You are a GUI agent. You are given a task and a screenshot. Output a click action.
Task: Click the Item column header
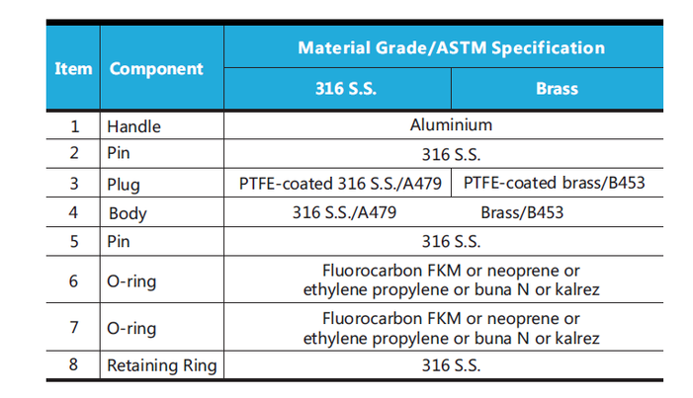pyautogui.click(x=73, y=69)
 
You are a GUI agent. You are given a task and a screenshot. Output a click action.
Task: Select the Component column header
pyautogui.click(x=156, y=69)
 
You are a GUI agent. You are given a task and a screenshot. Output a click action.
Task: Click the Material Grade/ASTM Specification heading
pyautogui.click(x=451, y=47)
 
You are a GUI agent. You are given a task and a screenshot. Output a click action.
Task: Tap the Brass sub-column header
pyautogui.click(x=557, y=89)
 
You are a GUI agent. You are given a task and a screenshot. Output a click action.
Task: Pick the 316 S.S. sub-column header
pyautogui.click(x=337, y=89)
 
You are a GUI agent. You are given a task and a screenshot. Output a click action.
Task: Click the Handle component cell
pyautogui.click(x=133, y=126)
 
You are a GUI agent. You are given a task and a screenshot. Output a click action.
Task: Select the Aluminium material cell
pyautogui.click(x=451, y=125)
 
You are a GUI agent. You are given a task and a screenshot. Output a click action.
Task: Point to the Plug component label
pyautogui.click(x=125, y=185)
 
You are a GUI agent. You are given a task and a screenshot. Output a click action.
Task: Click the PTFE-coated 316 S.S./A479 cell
pyautogui.click(x=340, y=184)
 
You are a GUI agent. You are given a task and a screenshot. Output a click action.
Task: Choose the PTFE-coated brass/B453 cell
pyautogui.click(x=558, y=184)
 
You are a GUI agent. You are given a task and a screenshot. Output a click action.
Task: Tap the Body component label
pyautogui.click(x=129, y=213)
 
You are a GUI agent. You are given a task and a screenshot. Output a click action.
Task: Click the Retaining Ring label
pyautogui.click(x=162, y=365)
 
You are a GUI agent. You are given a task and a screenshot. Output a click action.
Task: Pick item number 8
pyautogui.click(x=73, y=365)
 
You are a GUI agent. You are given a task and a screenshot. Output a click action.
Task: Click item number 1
pyautogui.click(x=73, y=126)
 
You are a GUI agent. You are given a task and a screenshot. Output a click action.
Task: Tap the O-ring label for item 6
pyautogui.click(x=131, y=281)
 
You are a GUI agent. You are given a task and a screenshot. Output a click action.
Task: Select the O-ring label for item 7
pyautogui.click(x=131, y=328)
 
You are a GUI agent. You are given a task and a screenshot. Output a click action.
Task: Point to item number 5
pyautogui.click(x=73, y=241)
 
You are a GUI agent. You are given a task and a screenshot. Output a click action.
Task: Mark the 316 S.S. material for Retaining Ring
pyautogui.click(x=451, y=365)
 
